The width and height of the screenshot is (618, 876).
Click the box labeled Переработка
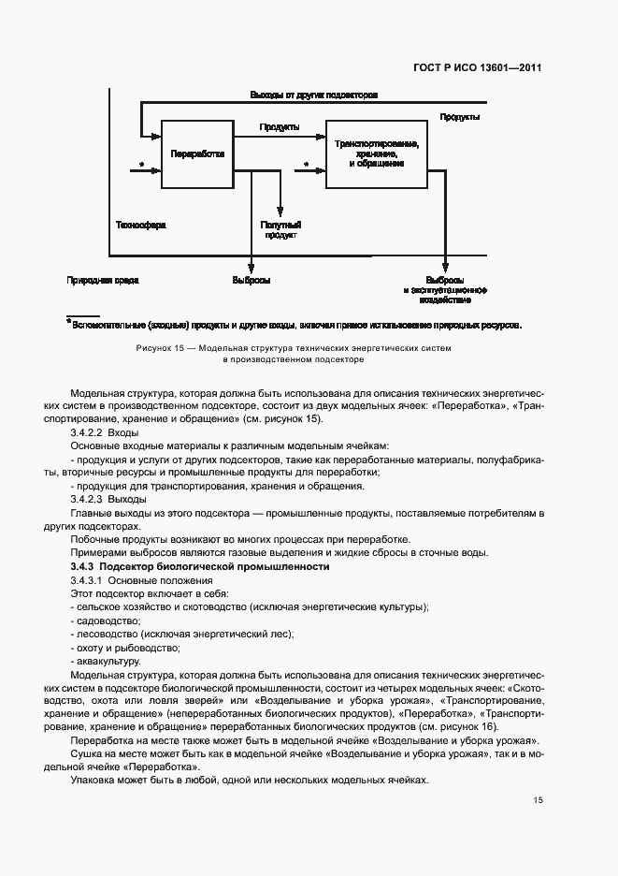pos(197,154)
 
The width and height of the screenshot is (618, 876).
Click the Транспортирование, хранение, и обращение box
pos(376,154)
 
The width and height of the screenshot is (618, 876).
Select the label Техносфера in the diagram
pos(139,225)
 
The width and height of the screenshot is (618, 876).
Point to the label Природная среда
pos(96,280)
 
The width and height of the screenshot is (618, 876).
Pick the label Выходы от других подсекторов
pos(313,96)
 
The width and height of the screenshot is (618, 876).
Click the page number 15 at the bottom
pos(538,800)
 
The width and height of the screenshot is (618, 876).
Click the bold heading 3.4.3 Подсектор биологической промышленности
pos(200,567)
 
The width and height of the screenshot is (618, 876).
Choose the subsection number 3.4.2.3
pos(91,500)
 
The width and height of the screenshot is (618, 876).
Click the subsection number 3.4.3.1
pos(91,581)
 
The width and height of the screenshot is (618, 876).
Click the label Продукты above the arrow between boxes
pos(280,126)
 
